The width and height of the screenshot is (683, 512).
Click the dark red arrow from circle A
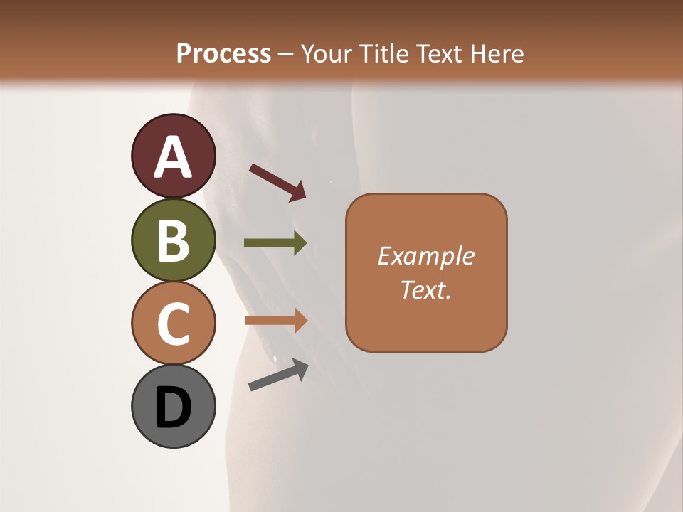click(277, 181)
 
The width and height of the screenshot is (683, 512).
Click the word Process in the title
click(223, 53)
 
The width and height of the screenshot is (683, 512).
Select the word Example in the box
click(425, 256)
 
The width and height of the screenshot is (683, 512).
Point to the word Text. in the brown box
click(425, 289)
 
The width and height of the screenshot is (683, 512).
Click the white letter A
click(173, 156)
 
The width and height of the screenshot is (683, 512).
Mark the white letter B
click(173, 240)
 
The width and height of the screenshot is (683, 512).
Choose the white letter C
click(173, 324)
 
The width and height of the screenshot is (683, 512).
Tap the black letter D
click(173, 407)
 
